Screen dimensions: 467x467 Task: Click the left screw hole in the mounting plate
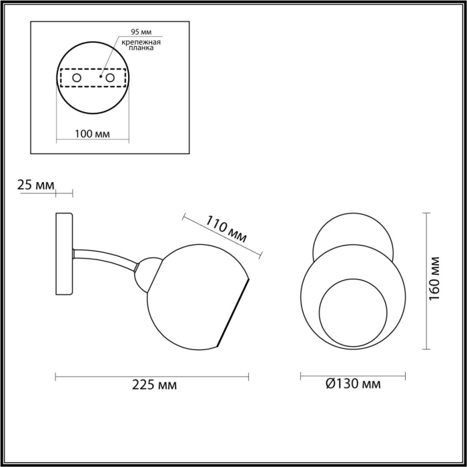(x=77, y=79)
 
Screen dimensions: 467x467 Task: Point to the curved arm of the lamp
(x=107, y=257)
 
